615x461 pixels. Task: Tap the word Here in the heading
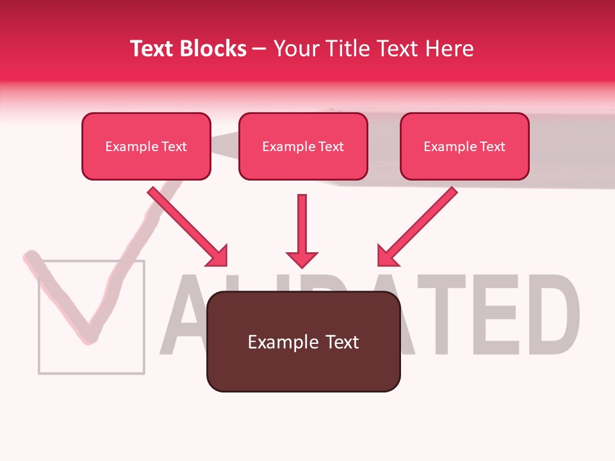pyautogui.click(x=448, y=49)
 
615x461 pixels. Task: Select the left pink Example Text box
pyautogui.click(x=146, y=147)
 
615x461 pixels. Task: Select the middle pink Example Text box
pyautogui.click(x=303, y=147)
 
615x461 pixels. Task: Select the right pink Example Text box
pyautogui.click(x=464, y=147)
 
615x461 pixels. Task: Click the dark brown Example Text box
pyautogui.click(x=303, y=342)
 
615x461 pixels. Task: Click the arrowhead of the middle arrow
pyautogui.click(x=302, y=259)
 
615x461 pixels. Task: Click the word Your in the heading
pyautogui.click(x=296, y=49)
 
